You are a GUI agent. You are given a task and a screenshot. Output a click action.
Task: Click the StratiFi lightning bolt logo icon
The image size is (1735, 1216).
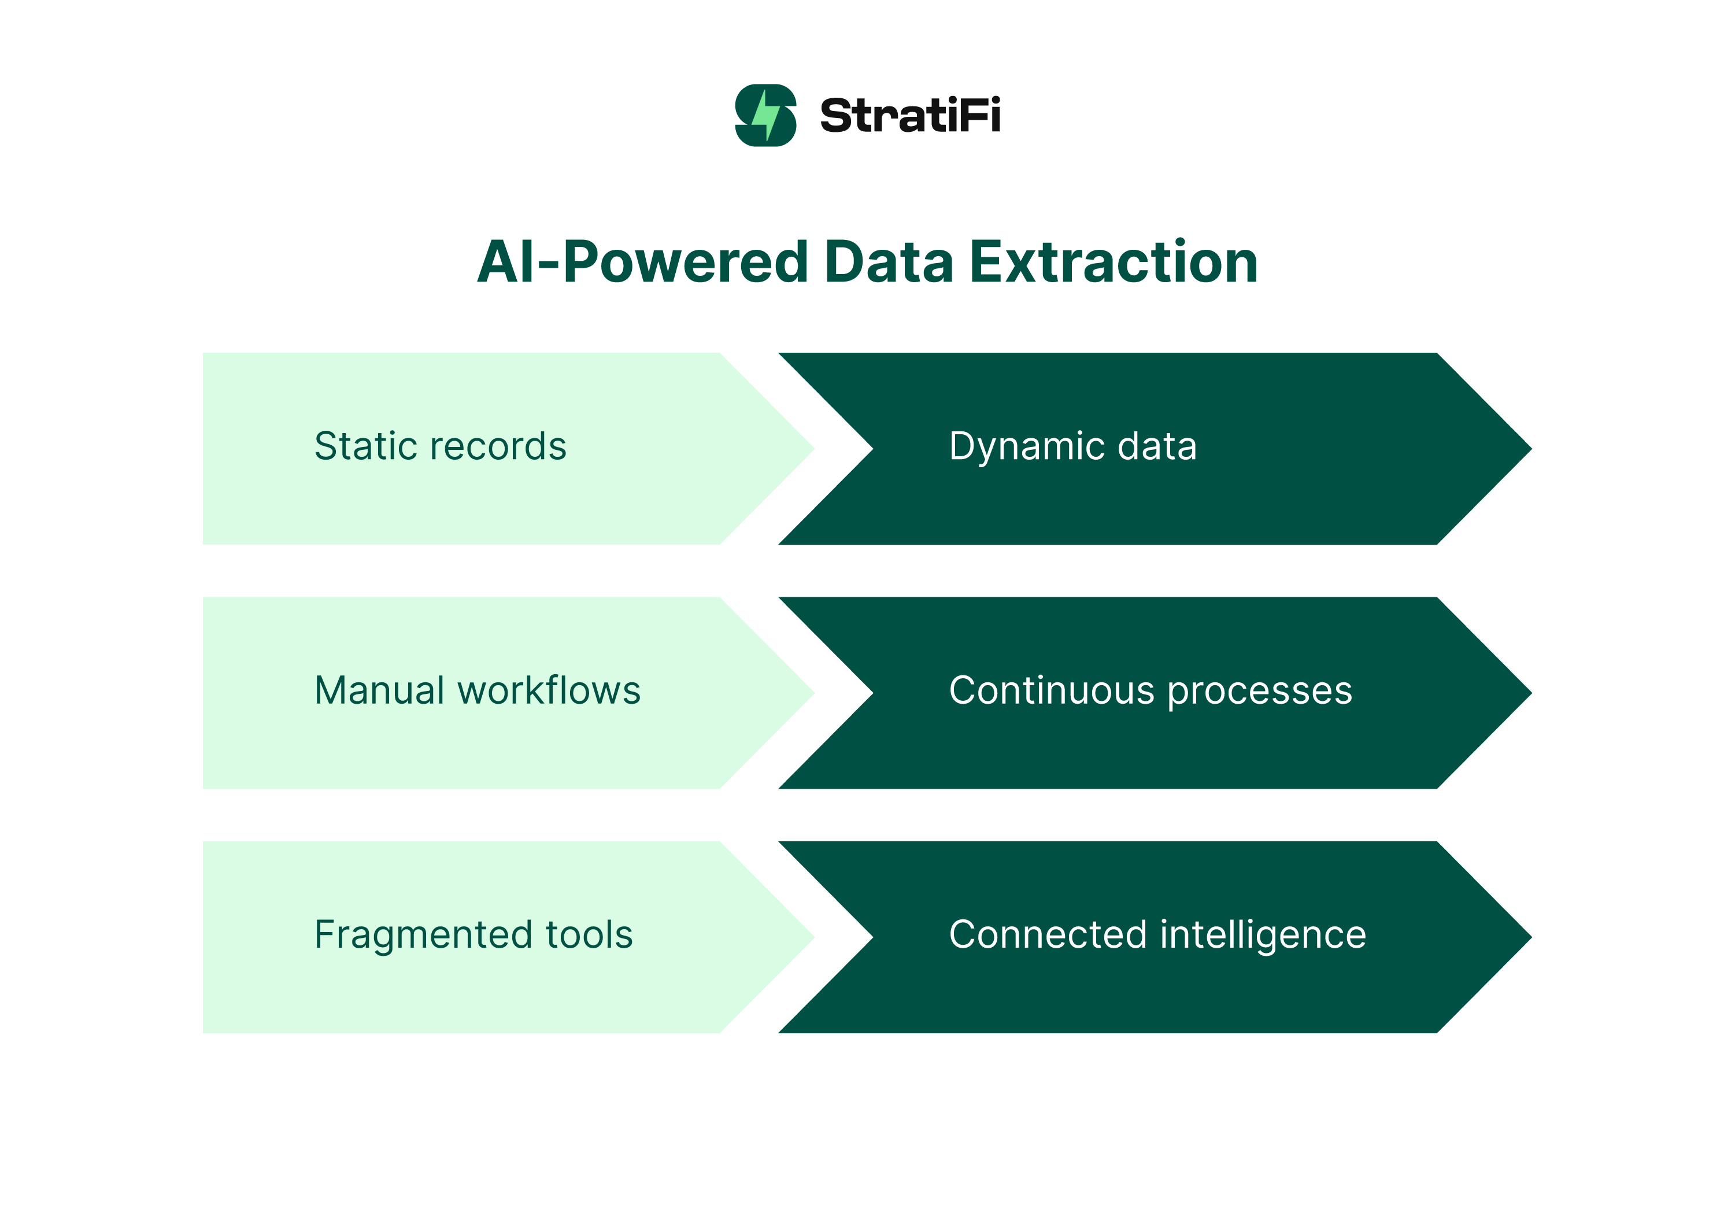coord(765,115)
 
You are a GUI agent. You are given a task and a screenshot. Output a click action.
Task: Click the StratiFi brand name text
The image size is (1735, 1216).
coord(910,116)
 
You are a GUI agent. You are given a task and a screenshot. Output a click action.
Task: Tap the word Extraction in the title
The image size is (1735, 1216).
coord(1113,263)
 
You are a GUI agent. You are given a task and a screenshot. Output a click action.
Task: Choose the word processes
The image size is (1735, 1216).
coord(1260,692)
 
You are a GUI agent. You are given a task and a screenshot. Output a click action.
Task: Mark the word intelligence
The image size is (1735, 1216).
coord(1263,935)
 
